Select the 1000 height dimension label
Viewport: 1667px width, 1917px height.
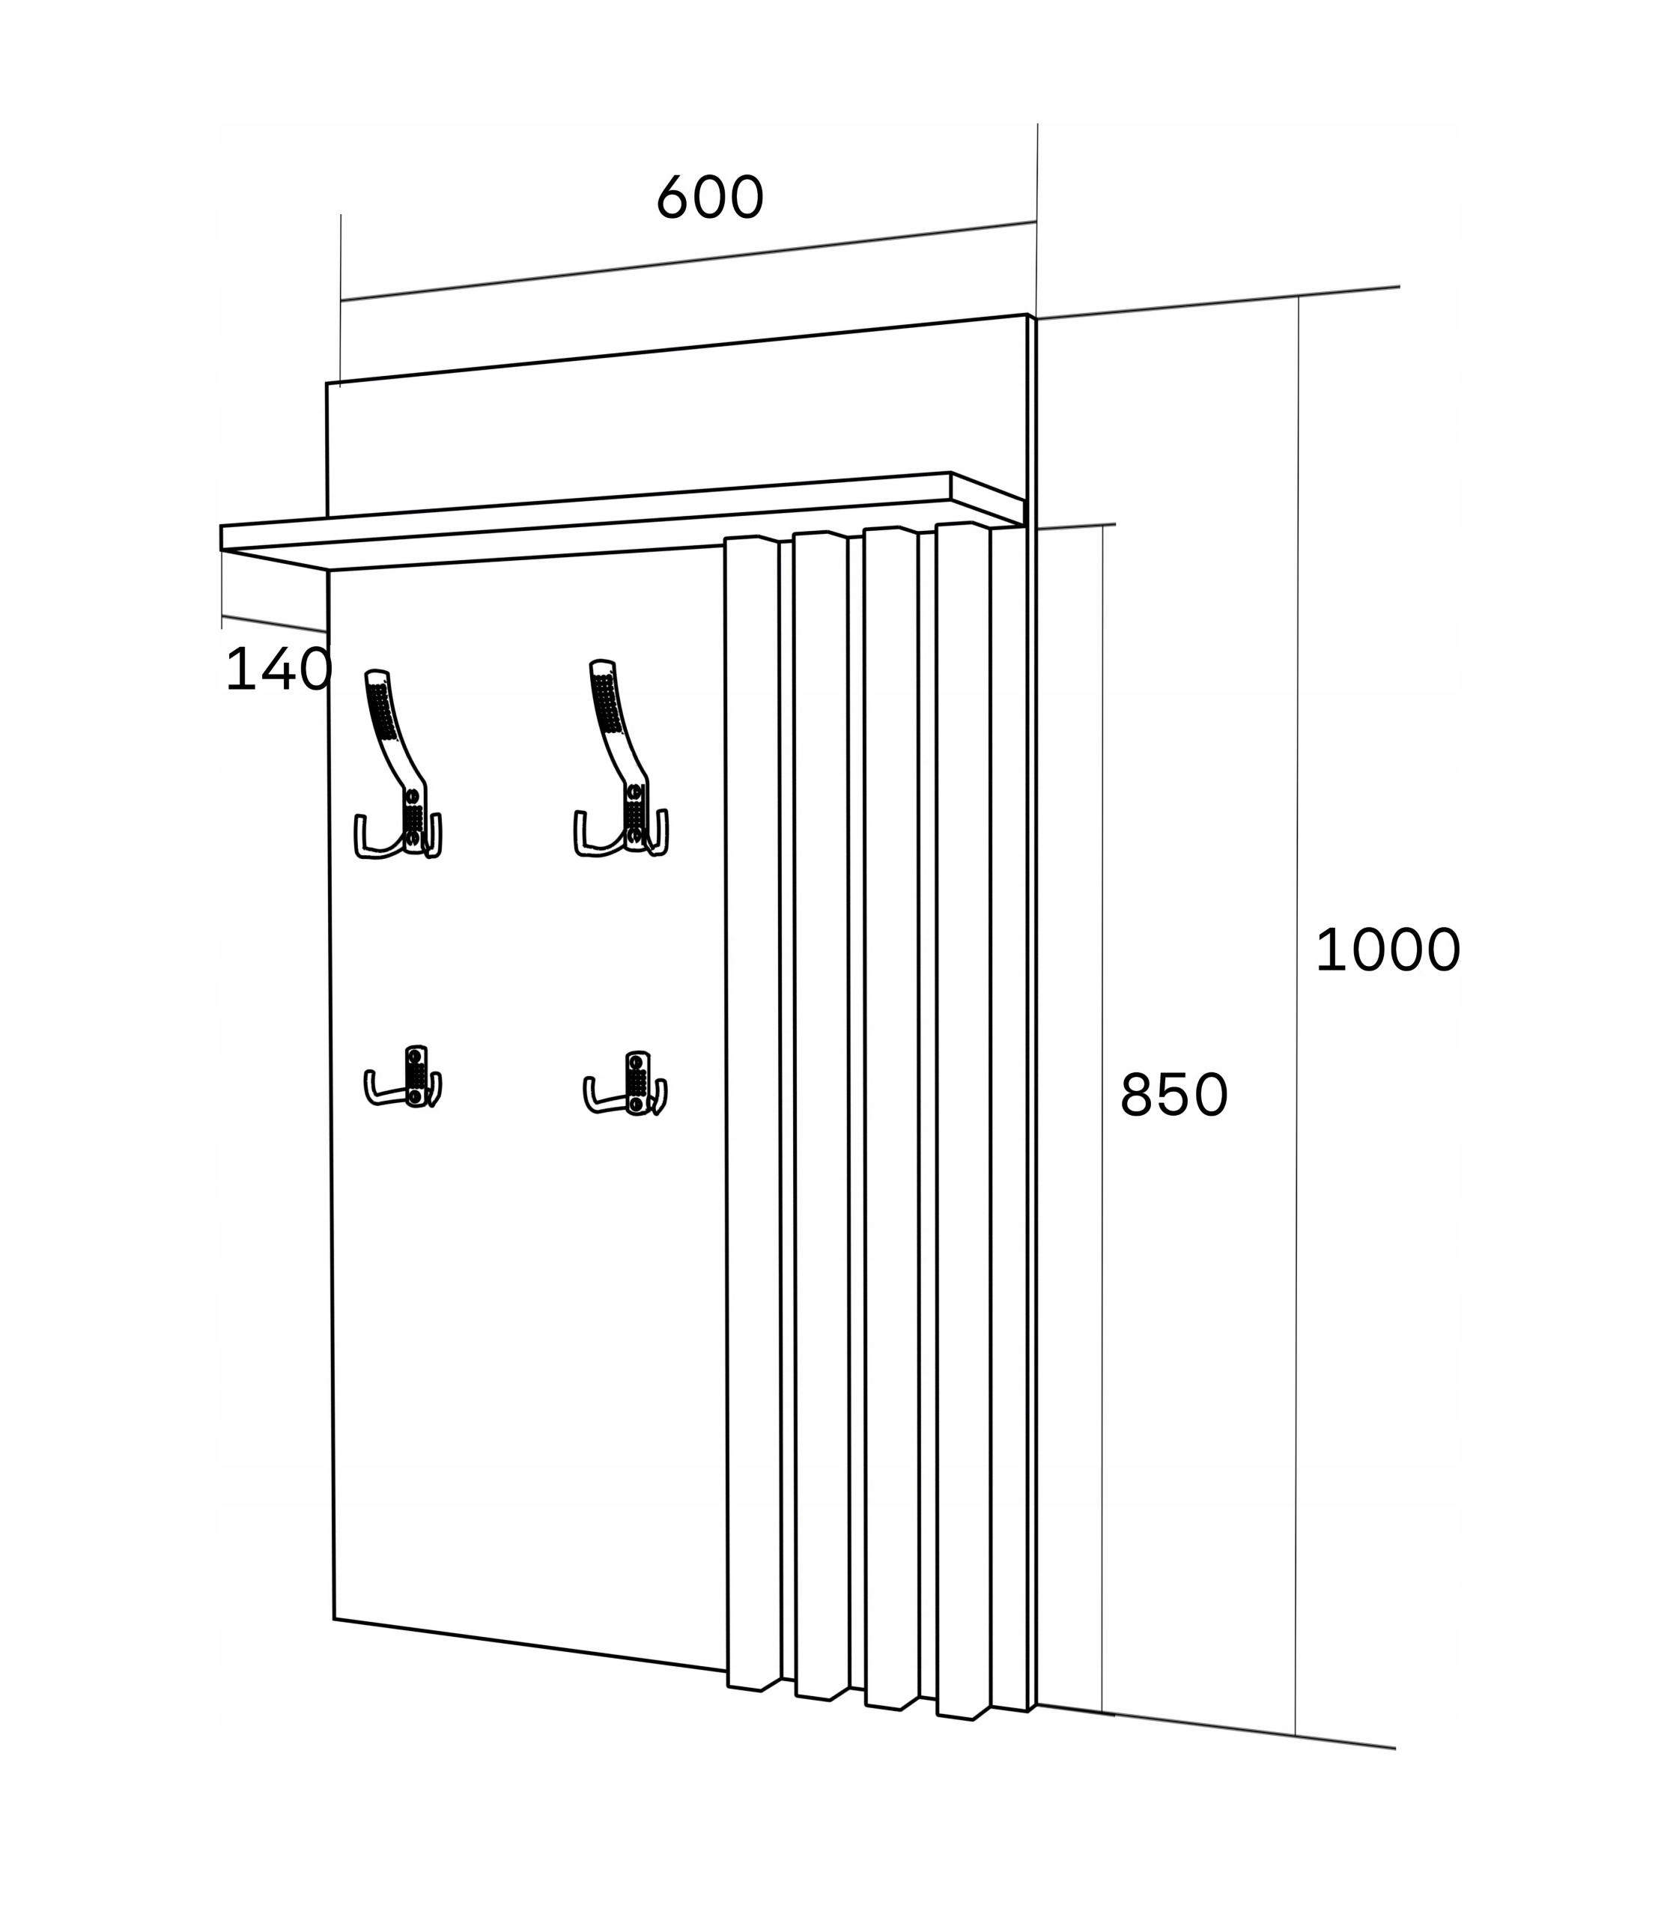pos(1387,950)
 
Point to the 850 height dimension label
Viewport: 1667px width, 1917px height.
pos(1174,1095)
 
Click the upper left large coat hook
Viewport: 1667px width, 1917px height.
pos(398,765)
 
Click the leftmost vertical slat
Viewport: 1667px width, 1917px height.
pos(753,1117)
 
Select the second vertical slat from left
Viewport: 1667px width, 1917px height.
pos(822,1117)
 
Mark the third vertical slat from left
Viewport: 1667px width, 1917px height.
pos(891,1117)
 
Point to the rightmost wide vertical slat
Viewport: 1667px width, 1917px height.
pos(964,1117)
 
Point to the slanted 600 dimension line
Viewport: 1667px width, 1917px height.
pos(688,261)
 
